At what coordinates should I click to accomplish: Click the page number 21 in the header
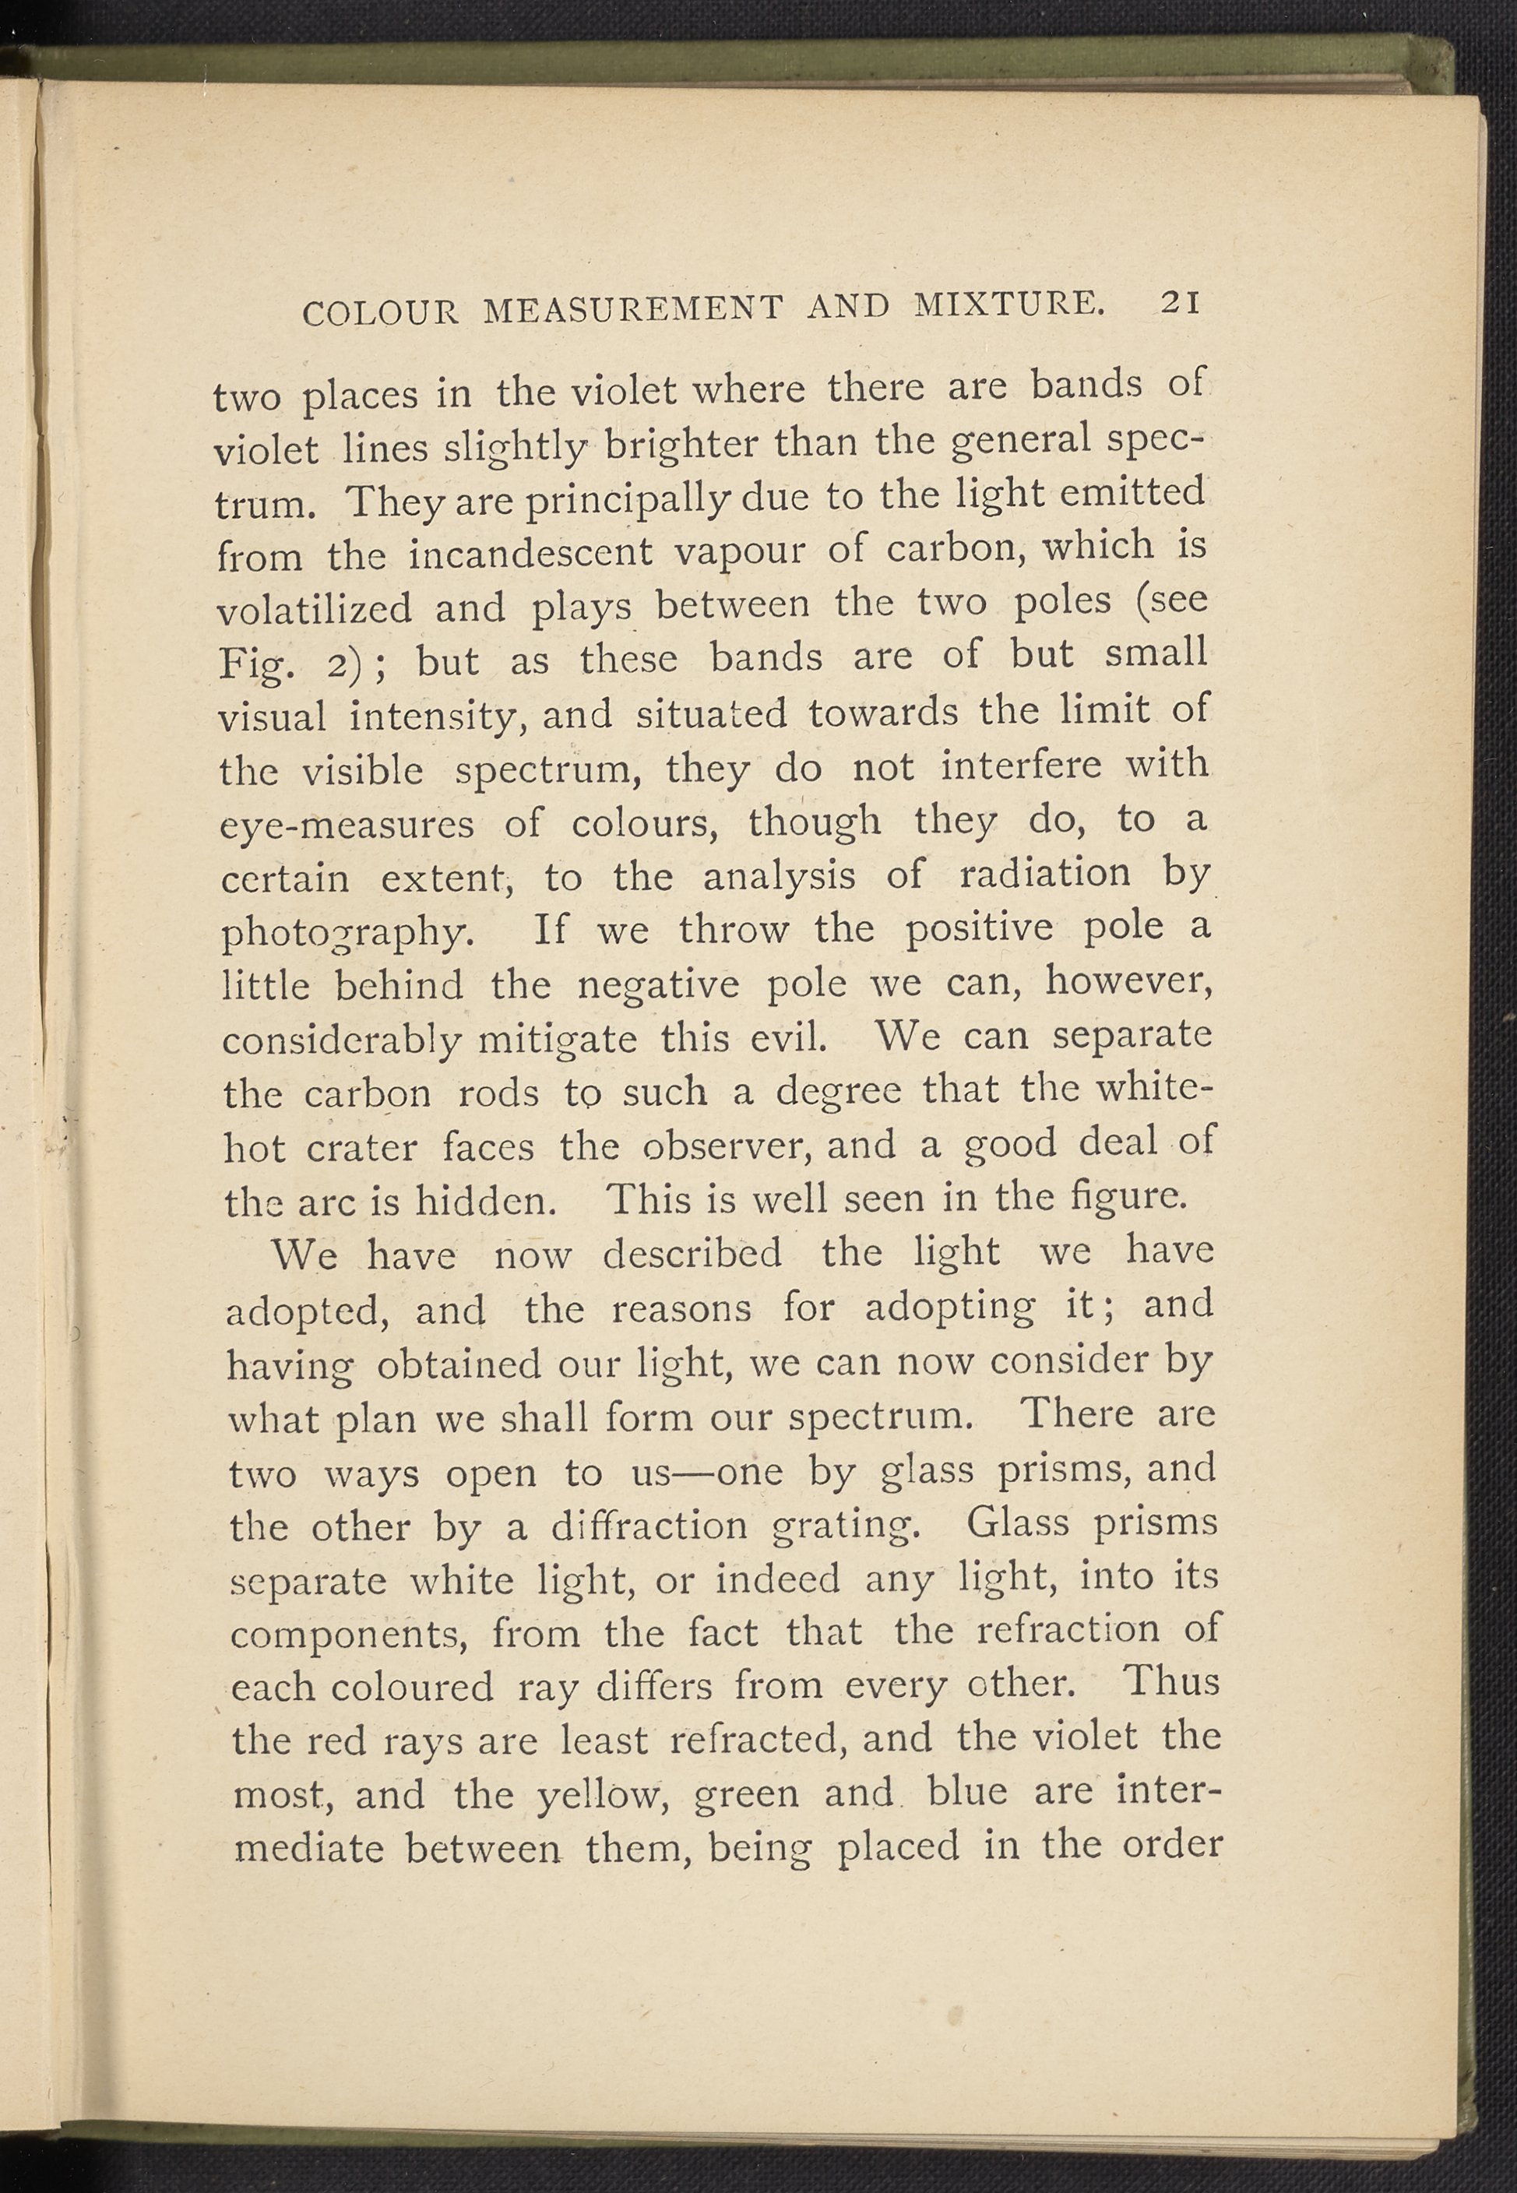point(1181,301)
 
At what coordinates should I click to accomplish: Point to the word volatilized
point(315,608)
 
